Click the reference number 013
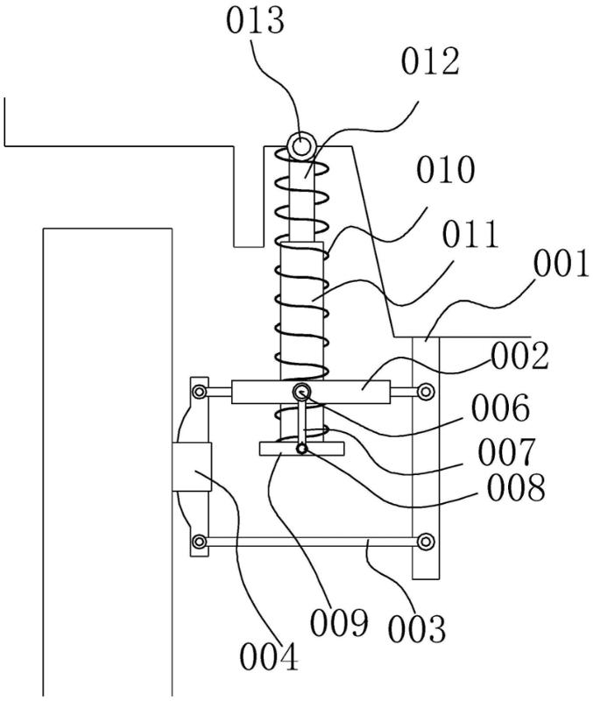(x=255, y=22)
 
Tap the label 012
(x=430, y=63)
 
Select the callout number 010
(x=447, y=171)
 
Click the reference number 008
(x=517, y=488)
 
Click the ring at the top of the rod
(x=300, y=145)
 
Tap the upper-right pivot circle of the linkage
(x=426, y=391)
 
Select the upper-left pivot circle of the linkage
(x=201, y=391)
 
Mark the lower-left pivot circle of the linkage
(x=201, y=542)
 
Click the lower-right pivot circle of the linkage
(x=426, y=541)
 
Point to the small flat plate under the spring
(x=302, y=449)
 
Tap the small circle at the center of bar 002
(x=301, y=391)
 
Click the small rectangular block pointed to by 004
(x=193, y=466)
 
